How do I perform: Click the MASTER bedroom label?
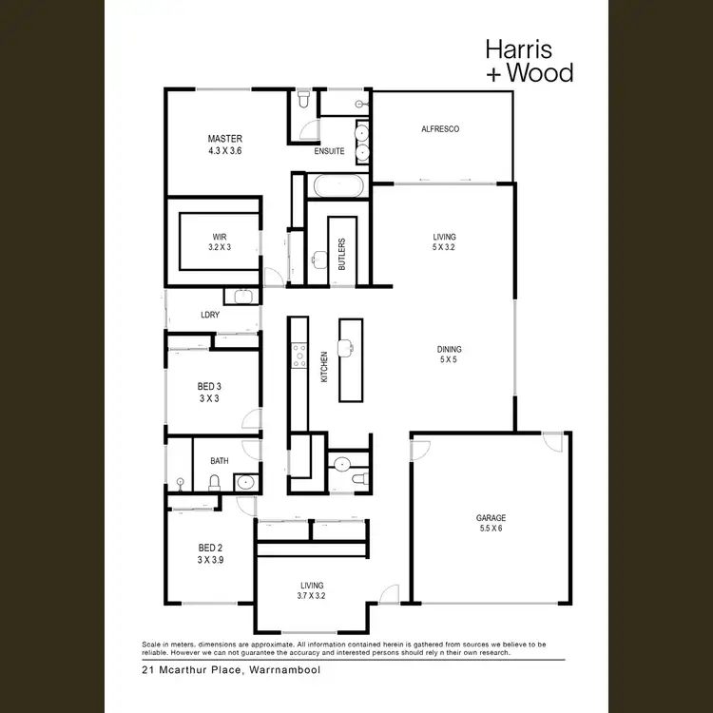coord(225,139)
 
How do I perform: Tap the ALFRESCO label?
coord(440,129)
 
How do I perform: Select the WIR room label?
coord(220,235)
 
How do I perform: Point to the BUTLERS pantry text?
coord(341,254)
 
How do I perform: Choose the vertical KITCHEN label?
coord(324,367)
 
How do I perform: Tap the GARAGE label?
coord(491,518)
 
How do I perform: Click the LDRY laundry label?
coord(210,314)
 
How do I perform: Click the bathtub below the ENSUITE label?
coord(336,186)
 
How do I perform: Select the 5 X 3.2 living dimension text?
coord(444,247)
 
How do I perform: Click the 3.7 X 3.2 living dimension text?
coord(311,597)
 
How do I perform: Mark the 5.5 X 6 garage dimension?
coord(491,529)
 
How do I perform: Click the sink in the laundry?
coord(244,296)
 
